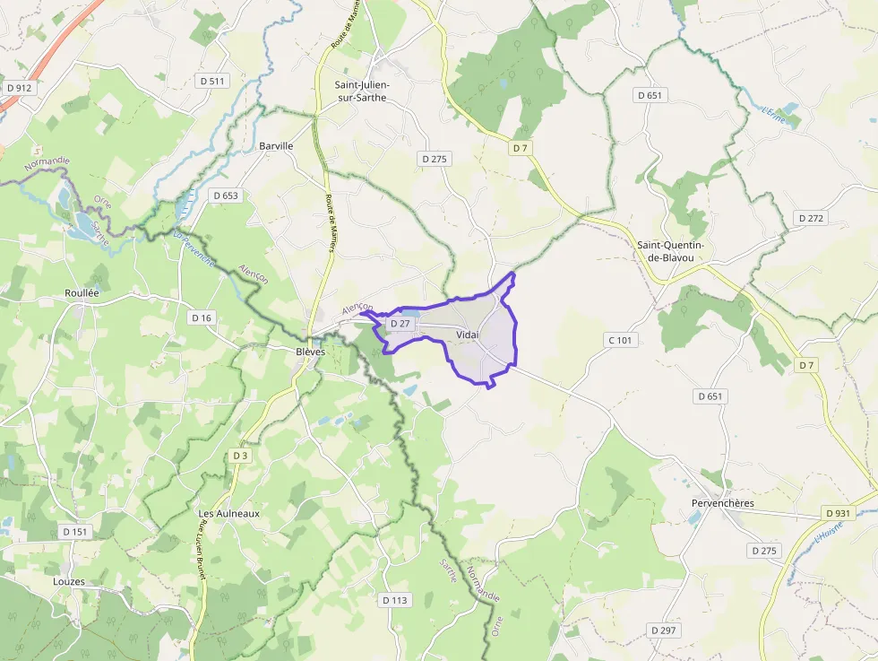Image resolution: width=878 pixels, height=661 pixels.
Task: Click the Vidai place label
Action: [467, 335]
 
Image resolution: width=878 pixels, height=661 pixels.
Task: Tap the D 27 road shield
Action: [400, 323]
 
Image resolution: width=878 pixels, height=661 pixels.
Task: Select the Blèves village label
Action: [310, 352]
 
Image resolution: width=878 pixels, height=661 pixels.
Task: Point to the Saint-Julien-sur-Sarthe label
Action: [360, 91]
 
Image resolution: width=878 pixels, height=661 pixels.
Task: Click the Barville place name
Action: [276, 145]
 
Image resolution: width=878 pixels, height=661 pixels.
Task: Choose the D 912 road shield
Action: [18, 88]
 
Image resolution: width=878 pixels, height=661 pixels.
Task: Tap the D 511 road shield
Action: [213, 81]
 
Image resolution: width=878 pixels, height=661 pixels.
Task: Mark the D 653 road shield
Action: [226, 195]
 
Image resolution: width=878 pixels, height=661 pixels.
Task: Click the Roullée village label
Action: [82, 293]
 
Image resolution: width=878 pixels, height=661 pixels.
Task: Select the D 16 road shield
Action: [202, 317]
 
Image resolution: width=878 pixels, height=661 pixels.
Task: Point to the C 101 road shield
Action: [619, 340]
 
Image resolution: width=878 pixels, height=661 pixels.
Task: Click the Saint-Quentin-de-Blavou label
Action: [670, 251]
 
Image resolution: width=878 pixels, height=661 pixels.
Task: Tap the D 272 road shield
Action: [811, 218]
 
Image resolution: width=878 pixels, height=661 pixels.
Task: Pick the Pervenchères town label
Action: [722, 503]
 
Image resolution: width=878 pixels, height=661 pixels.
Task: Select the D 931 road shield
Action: [837, 512]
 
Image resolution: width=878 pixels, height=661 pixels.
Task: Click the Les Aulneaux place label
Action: [228, 513]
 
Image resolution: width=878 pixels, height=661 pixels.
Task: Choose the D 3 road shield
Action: [239, 456]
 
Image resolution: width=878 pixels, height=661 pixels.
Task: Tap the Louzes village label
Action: [69, 581]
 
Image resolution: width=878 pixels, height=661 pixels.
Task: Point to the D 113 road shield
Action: [394, 600]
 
